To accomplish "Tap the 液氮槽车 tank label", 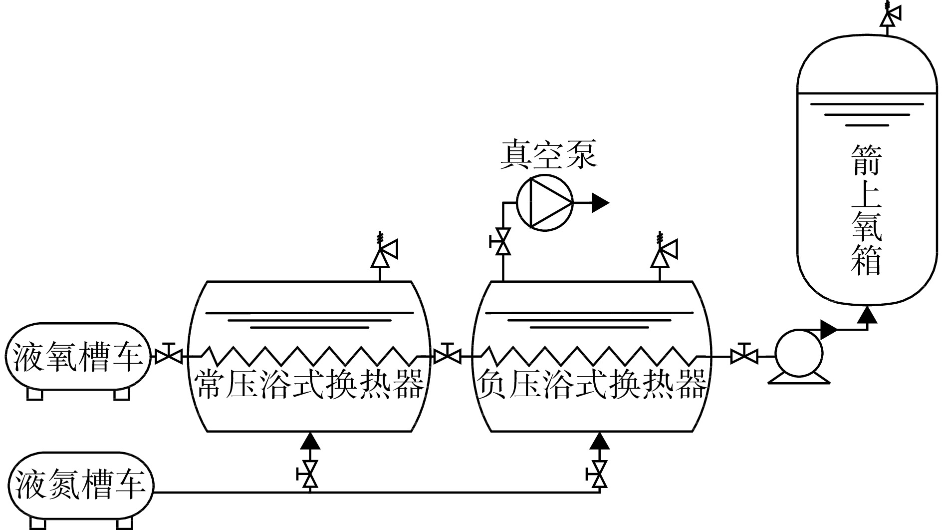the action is [80, 485].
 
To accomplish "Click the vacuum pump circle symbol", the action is [544, 203].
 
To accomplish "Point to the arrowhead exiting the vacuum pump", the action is [600, 203].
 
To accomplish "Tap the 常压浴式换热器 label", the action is [309, 385].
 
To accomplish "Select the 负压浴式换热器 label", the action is [591, 385].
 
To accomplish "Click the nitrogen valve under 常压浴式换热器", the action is [310, 474].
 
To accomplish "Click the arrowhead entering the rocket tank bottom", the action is [868, 315].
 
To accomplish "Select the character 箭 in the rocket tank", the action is [867, 159].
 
